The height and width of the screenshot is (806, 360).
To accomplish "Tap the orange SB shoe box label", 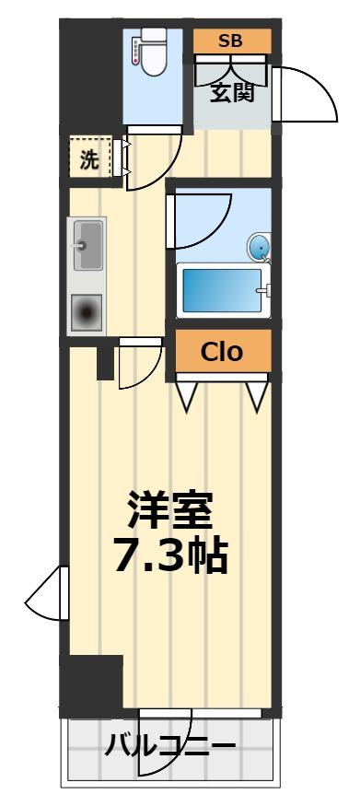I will coord(232,41).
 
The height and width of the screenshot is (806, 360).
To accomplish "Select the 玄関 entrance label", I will coord(232,92).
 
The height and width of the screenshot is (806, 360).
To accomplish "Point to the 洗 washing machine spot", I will coord(89,158).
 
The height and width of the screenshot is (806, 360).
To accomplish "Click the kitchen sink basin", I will coord(89,244).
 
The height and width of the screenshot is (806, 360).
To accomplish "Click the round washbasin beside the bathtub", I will coord(260,246).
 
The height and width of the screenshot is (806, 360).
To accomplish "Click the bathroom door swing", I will coord(192,221).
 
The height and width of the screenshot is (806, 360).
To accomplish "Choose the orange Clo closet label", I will coord(222,352).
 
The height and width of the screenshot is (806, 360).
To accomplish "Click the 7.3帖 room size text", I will coord(171,555).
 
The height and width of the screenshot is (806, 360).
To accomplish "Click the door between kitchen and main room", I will coord(136,364).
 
